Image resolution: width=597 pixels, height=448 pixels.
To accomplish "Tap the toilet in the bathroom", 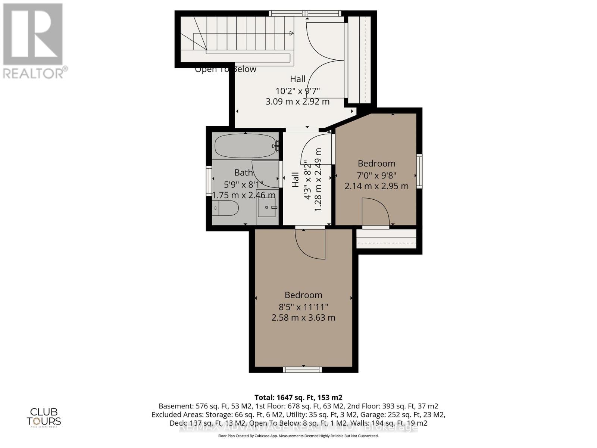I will [226, 208].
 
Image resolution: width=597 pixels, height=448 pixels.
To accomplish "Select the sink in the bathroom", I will [267, 207].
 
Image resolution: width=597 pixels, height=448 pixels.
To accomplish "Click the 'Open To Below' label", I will [225, 69].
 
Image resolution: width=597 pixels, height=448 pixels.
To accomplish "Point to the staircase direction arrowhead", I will [291, 33].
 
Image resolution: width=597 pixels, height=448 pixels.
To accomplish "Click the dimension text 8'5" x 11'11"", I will [303, 307].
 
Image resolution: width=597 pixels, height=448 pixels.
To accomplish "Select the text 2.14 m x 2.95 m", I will [376, 186].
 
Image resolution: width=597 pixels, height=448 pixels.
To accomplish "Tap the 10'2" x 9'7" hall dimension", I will [297, 91].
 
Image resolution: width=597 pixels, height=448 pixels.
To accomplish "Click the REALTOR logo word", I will [35, 72].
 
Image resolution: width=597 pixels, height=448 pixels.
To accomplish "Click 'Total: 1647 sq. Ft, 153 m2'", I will [298, 397].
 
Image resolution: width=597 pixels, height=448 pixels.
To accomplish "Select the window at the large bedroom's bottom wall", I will [302, 370].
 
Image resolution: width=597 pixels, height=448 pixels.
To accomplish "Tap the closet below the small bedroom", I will [386, 239].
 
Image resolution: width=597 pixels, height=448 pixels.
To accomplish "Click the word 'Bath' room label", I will [243, 172].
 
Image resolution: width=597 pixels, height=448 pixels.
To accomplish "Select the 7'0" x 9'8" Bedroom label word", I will [376, 164].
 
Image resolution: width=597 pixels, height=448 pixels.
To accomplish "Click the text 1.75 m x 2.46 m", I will [244, 195].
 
